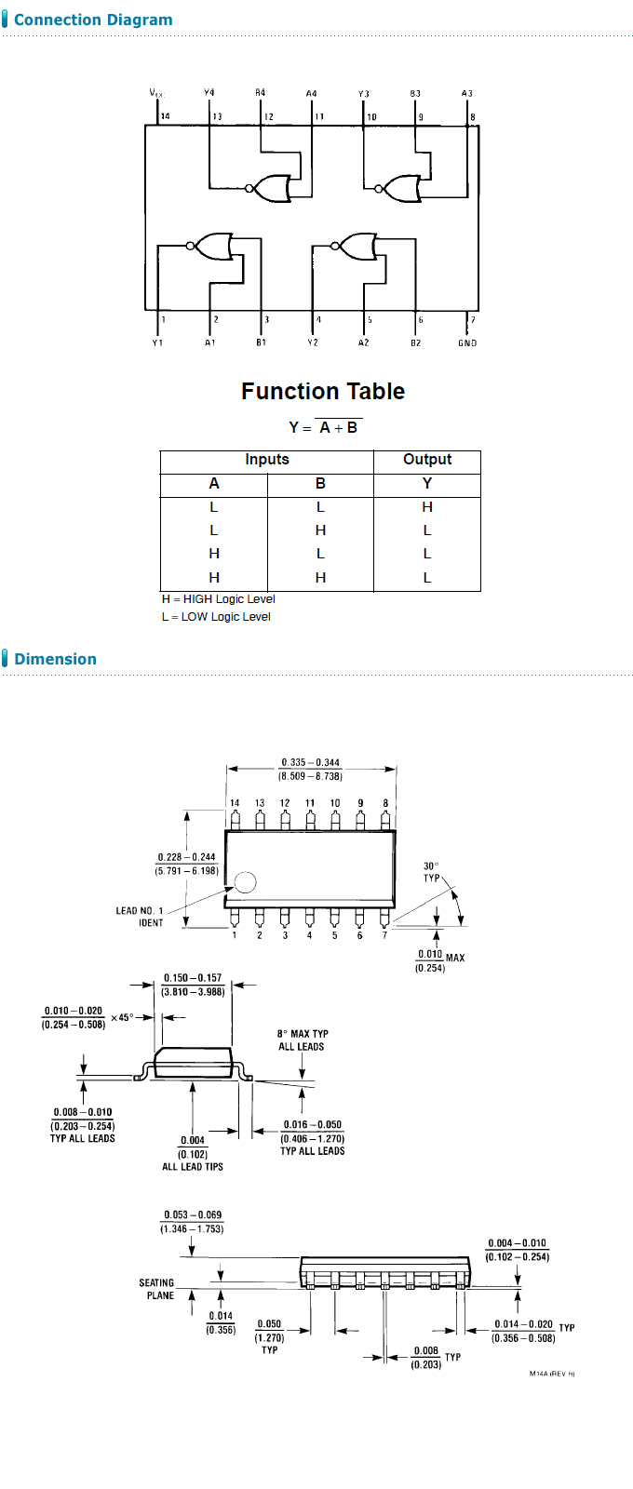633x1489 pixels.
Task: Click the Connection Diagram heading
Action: (x=93, y=20)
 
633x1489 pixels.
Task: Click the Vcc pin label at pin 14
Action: (x=156, y=92)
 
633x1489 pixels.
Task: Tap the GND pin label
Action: (x=467, y=343)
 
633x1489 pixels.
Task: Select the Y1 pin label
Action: (x=157, y=343)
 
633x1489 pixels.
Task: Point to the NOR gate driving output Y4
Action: (x=272, y=188)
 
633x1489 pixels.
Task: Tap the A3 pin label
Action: (x=467, y=93)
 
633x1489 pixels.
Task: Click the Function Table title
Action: (x=323, y=391)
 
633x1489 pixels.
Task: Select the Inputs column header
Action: (x=267, y=460)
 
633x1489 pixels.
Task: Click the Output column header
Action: (x=427, y=460)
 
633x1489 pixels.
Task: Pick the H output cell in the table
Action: (x=427, y=507)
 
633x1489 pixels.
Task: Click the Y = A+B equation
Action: (x=324, y=427)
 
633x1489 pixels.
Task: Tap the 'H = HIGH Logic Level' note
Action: (x=219, y=599)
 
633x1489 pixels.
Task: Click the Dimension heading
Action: (x=55, y=659)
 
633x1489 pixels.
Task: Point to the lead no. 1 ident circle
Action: (x=245, y=881)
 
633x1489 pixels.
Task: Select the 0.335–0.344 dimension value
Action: (x=311, y=762)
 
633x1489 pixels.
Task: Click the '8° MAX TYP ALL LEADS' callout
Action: (x=303, y=1040)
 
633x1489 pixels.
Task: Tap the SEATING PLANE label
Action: (x=157, y=1289)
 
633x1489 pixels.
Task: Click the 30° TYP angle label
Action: (x=431, y=872)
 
